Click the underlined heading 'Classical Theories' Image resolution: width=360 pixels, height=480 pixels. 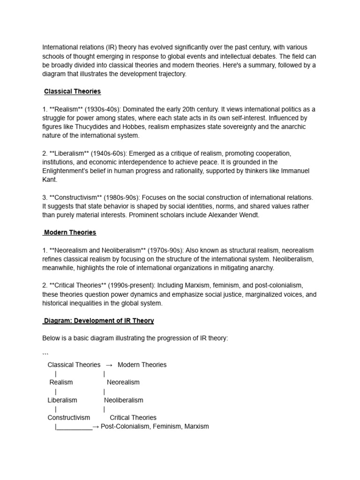pos(72,91)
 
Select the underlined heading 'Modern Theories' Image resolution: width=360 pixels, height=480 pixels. pos(70,232)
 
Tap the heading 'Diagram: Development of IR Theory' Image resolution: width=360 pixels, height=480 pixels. pos(99,321)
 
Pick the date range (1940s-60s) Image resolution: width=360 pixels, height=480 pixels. pos(106,153)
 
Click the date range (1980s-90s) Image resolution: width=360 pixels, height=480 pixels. pos(124,197)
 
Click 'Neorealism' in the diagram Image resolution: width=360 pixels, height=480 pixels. pos(123,382)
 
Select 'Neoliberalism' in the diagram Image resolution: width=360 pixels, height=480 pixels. pos(124,400)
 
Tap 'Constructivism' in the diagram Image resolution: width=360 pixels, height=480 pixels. pos(69,418)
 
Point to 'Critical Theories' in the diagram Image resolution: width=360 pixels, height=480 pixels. pos(133,418)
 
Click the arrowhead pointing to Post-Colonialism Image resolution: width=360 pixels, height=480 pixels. pos(96,427)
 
